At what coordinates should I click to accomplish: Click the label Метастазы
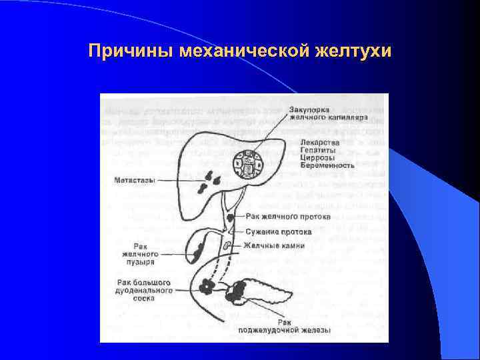[x=135, y=180]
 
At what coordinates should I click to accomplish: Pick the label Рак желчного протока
[x=281, y=216]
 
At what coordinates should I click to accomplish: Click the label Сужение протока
[x=278, y=232]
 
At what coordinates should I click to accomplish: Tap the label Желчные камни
[x=274, y=245]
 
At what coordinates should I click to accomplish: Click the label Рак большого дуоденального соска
[x=144, y=290]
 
